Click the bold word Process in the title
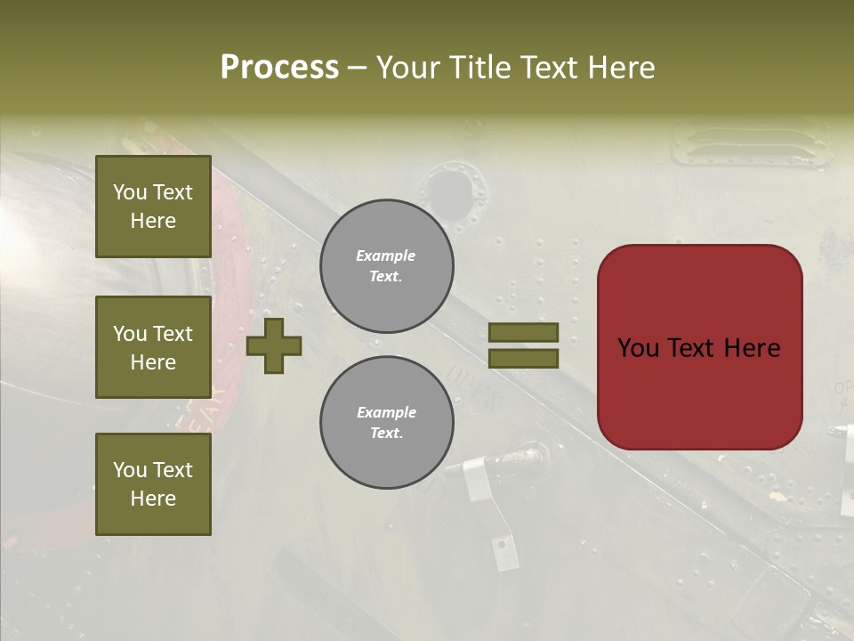point(279,68)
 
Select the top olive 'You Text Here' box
point(153,207)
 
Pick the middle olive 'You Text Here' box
point(153,347)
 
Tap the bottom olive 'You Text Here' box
point(153,483)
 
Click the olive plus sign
point(274,345)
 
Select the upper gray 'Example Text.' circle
point(387,266)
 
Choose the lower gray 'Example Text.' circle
point(387,423)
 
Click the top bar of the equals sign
point(523,332)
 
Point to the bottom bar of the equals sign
point(523,358)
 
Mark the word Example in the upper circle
point(386,256)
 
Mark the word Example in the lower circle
point(386,412)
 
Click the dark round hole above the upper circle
point(451,191)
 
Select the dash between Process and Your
point(357,68)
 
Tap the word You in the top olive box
point(130,192)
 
